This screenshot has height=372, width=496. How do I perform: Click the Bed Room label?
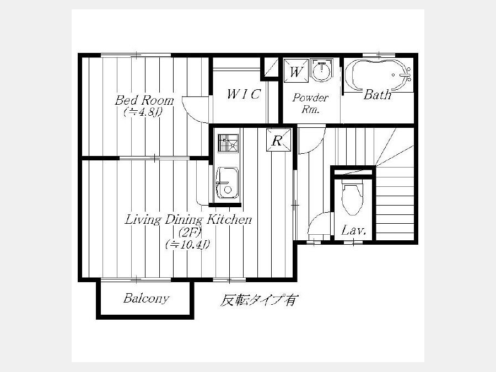pyautogui.click(x=144, y=100)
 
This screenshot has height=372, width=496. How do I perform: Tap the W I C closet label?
pyautogui.click(x=244, y=94)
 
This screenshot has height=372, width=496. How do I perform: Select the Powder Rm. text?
pyautogui.click(x=310, y=103)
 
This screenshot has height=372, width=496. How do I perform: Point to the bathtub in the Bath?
pyautogui.click(x=378, y=75)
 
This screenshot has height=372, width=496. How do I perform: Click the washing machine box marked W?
pyautogui.click(x=296, y=71)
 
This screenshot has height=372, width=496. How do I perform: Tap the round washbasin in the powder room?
pyautogui.click(x=322, y=70)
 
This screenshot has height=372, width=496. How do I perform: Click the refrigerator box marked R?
pyautogui.click(x=278, y=140)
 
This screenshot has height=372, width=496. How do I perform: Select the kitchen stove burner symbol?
pyautogui.click(x=228, y=143)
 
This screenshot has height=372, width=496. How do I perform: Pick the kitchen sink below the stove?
pyautogui.click(x=227, y=183)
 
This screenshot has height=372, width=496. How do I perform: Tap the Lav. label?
pyautogui.click(x=354, y=230)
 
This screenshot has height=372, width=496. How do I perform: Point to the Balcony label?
pyautogui.click(x=146, y=298)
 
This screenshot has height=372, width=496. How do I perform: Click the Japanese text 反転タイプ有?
pyautogui.click(x=258, y=300)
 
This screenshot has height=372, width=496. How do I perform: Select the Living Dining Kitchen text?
pyautogui.click(x=188, y=219)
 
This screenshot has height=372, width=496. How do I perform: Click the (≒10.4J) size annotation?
pyautogui.click(x=188, y=244)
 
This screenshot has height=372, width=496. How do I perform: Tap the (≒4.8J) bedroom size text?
pyautogui.click(x=144, y=112)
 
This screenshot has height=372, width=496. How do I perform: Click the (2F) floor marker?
pyautogui.click(x=188, y=233)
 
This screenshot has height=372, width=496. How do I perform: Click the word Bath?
pyautogui.click(x=378, y=94)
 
